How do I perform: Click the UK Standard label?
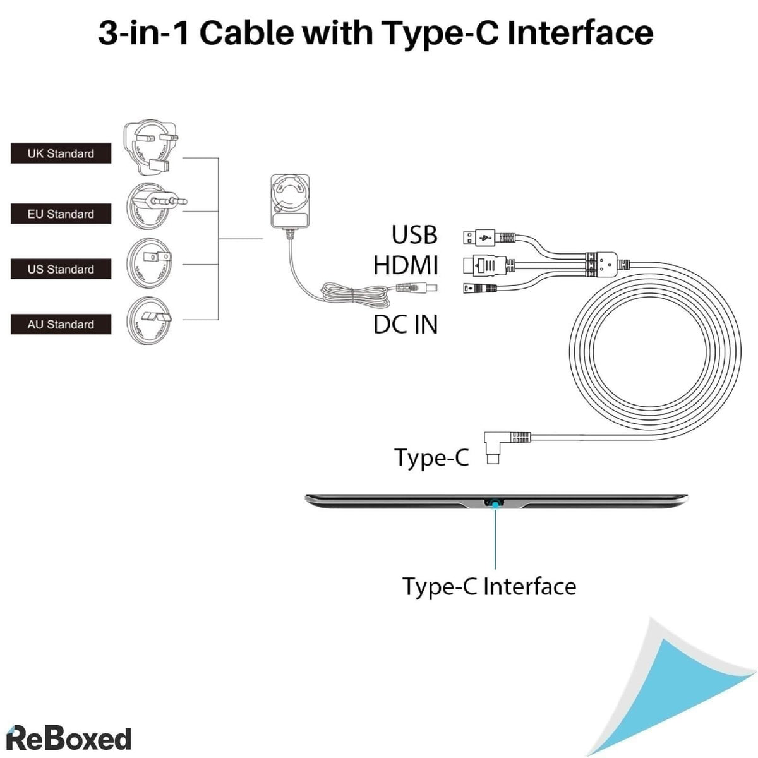click(61, 153)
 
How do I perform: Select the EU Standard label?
click(61, 214)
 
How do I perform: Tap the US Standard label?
click(61, 269)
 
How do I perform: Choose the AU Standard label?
click(61, 325)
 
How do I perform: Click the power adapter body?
click(290, 201)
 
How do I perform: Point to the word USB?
click(414, 234)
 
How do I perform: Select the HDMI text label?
click(405, 265)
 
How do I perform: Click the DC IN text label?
click(405, 325)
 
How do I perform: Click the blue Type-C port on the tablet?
click(495, 503)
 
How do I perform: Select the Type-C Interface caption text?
click(490, 587)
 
